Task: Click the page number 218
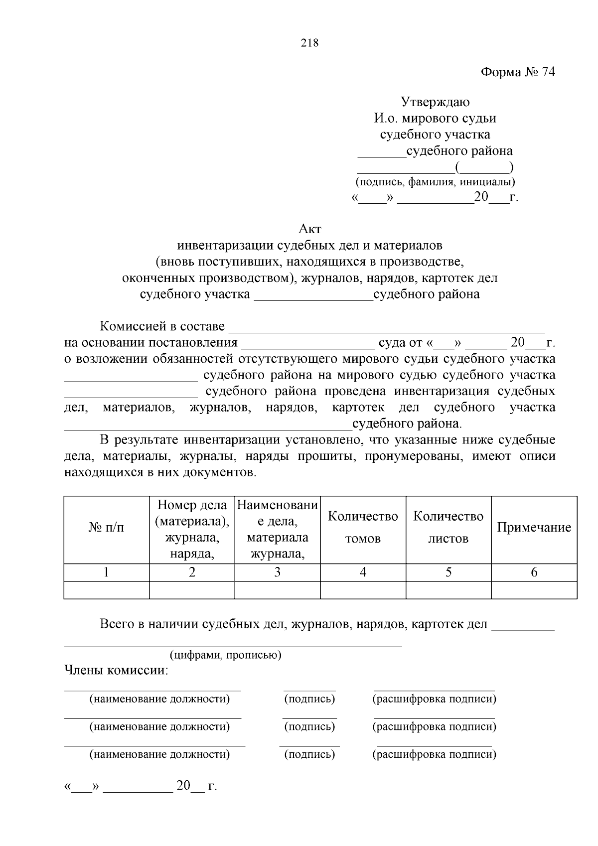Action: (309, 43)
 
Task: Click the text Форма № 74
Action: (517, 72)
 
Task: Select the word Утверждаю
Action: (435, 102)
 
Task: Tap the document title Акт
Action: (309, 229)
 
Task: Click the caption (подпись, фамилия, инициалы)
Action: (435, 182)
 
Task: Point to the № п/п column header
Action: (107, 528)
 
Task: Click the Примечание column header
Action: (534, 528)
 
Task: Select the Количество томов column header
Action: (363, 528)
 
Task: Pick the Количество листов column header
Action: (448, 528)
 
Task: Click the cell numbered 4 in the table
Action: (363, 572)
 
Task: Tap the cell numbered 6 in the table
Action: (534, 572)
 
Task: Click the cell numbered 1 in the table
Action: (107, 572)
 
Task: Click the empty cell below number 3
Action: (277, 590)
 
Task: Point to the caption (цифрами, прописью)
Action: (225, 655)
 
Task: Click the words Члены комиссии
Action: (117, 671)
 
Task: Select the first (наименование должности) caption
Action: (159, 699)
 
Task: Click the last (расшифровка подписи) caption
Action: (434, 754)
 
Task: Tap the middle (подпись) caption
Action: (309, 726)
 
